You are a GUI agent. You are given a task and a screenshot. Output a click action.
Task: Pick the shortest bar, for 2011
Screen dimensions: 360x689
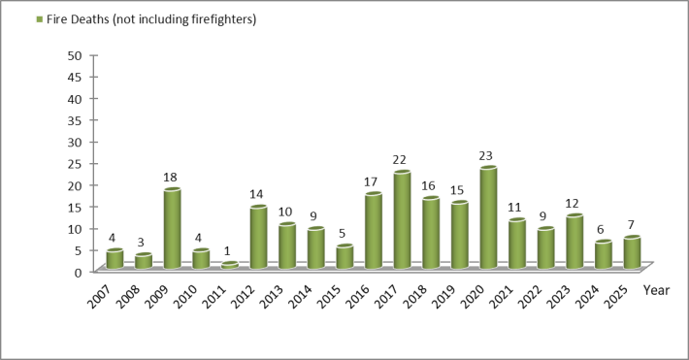pos(229,265)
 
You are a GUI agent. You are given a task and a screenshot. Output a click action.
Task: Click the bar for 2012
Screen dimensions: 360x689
pos(258,238)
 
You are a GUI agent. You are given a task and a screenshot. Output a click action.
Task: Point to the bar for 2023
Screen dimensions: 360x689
pos(574,242)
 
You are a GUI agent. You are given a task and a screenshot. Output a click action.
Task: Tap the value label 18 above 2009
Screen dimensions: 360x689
pos(172,178)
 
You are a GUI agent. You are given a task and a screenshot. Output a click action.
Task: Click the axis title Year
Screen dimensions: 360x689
pos(656,290)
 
